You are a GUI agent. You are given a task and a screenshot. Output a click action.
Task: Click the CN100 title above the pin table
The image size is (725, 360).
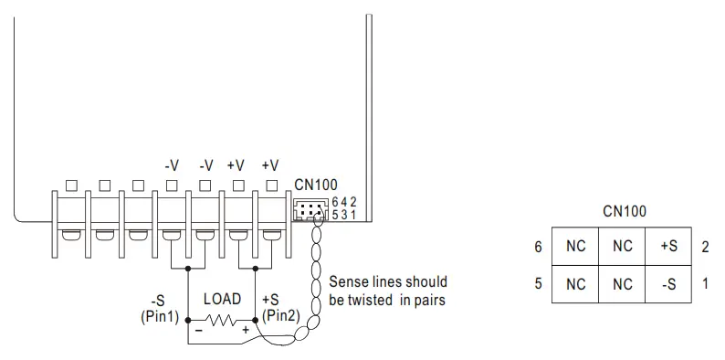click(x=625, y=211)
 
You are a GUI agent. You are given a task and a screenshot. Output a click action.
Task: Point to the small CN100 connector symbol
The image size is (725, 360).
click(x=309, y=211)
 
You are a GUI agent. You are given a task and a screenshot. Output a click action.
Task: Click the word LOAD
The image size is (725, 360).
click(x=222, y=299)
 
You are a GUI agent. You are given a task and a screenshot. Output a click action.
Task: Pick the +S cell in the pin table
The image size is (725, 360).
click(x=669, y=247)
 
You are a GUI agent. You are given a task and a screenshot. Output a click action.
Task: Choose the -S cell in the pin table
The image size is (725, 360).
click(x=669, y=284)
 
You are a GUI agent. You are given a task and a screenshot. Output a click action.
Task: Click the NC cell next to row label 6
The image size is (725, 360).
click(x=575, y=247)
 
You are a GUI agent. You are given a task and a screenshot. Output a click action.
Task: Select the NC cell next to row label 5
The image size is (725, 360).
click(x=575, y=284)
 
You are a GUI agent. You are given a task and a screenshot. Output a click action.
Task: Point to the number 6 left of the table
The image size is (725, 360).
click(x=539, y=247)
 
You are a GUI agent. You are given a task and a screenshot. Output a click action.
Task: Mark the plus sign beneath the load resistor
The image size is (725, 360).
click(x=245, y=329)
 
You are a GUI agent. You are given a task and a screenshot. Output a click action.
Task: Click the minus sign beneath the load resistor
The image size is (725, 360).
click(x=198, y=329)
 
